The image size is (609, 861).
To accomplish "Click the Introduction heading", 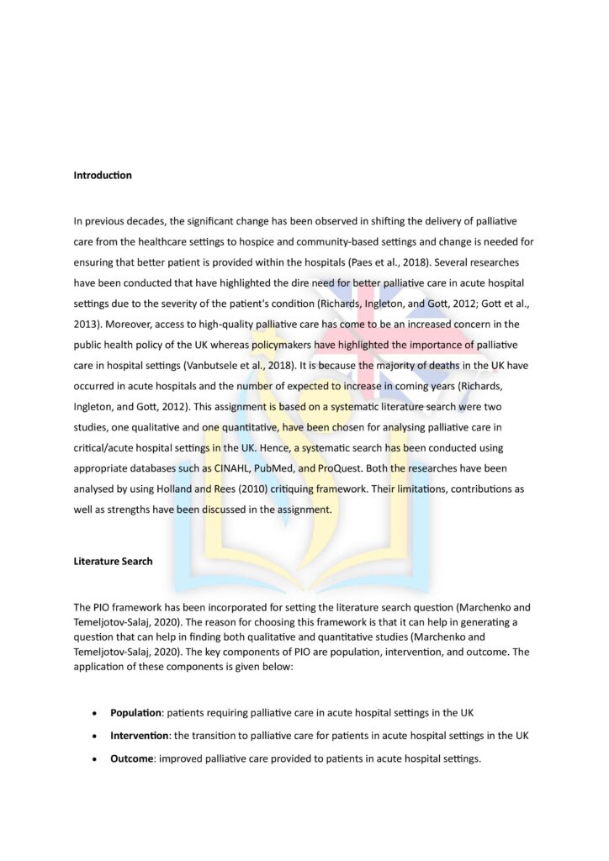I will click(x=103, y=176).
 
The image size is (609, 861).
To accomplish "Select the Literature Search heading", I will click(x=113, y=561).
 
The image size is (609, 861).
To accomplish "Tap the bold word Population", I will click(x=137, y=713).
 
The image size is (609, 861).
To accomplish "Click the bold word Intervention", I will click(x=140, y=736).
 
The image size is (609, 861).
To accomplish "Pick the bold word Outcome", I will click(x=131, y=758).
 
